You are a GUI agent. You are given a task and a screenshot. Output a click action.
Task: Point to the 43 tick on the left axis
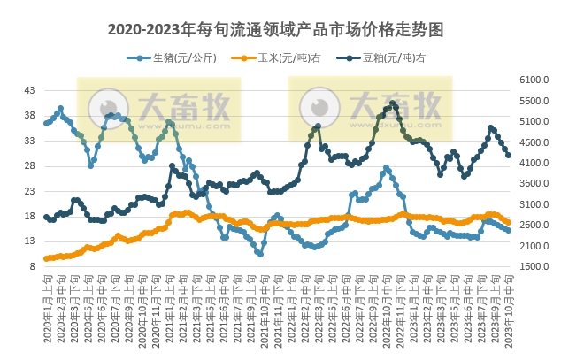pyautogui.click(x=29, y=90)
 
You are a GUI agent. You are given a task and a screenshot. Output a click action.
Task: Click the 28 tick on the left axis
pyautogui.click(x=29, y=165)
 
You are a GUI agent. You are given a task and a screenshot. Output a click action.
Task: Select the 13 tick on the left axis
pyautogui.click(x=29, y=241)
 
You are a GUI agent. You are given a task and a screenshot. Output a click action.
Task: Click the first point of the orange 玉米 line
pyautogui.click(x=46, y=258)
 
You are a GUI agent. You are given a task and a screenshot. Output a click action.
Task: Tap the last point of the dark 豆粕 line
pyautogui.click(x=508, y=156)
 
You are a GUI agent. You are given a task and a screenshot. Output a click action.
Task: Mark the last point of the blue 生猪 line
pyautogui.click(x=508, y=230)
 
